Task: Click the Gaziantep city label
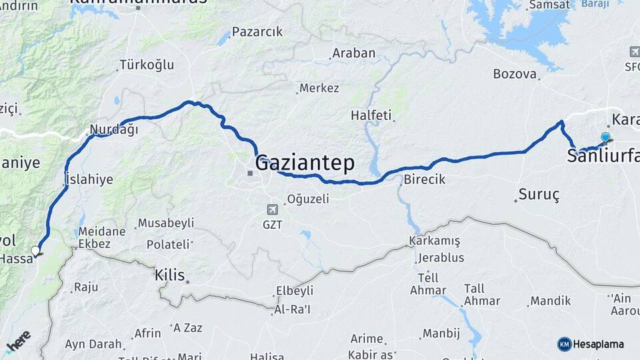305,163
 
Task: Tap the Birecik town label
425,179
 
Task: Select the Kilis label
169,274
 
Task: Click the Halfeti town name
371,115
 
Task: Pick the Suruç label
541,195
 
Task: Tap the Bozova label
515,74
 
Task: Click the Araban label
354,53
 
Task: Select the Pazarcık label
257,32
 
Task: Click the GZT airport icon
272,209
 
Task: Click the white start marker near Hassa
35,251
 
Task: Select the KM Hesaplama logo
591,344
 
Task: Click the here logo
18,341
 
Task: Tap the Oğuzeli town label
308,199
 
